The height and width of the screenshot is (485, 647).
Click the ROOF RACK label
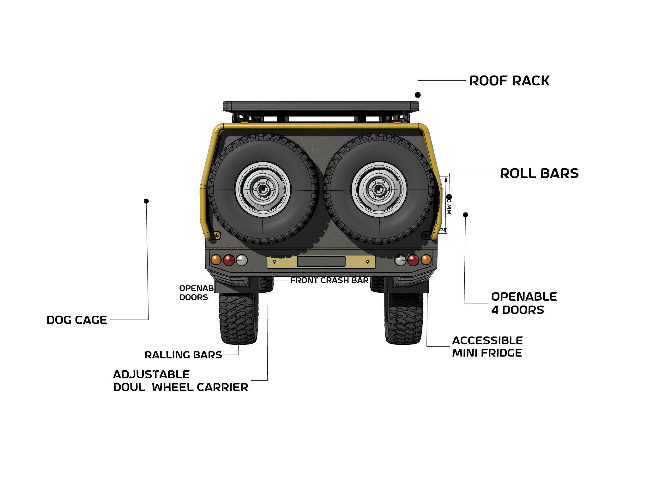click(x=509, y=81)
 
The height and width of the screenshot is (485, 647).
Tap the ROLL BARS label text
click(x=539, y=173)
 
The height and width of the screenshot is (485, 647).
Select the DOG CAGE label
click(x=77, y=320)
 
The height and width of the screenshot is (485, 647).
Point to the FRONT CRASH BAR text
click(x=329, y=280)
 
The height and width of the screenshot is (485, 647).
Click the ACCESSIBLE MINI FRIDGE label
click(x=487, y=346)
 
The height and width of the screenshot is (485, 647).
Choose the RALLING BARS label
click(x=183, y=355)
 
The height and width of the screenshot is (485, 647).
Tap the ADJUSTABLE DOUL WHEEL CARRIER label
click(x=180, y=380)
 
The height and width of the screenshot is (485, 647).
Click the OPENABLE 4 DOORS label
click(x=523, y=303)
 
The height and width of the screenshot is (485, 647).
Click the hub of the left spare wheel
click(x=263, y=189)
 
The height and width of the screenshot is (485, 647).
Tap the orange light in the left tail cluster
click(x=216, y=260)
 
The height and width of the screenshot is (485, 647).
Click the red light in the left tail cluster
click(x=229, y=260)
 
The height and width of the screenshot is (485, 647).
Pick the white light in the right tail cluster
click(x=400, y=260)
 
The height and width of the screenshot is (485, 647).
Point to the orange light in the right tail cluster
click(x=426, y=260)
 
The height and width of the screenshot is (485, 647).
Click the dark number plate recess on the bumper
click(x=321, y=261)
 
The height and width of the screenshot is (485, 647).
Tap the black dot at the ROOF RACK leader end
click(x=418, y=95)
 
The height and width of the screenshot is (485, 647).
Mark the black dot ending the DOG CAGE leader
click(x=146, y=201)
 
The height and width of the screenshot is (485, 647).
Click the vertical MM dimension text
click(x=449, y=207)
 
